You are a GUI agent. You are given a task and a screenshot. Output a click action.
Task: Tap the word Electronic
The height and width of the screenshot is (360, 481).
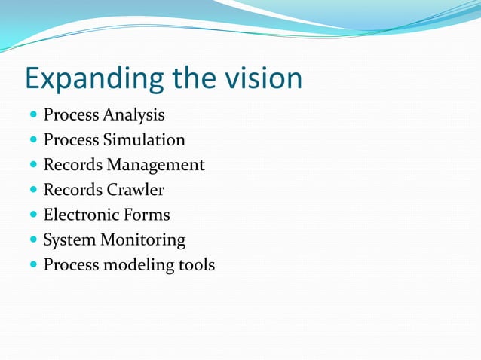click(80, 215)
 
